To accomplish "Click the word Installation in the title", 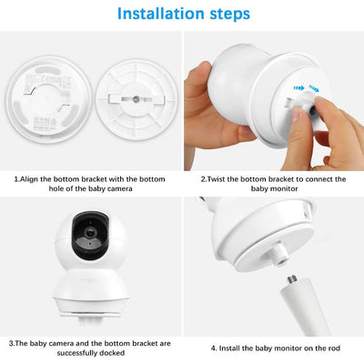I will click(x=154, y=15).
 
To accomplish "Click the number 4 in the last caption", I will click(x=213, y=347).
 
